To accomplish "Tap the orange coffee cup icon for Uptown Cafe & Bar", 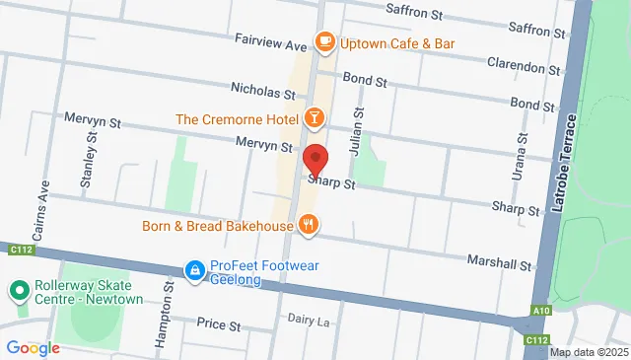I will pyautogui.click(x=323, y=41).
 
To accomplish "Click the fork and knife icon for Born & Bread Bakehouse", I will pyautogui.click(x=309, y=225).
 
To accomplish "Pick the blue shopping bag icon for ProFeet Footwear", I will pyautogui.click(x=195, y=269).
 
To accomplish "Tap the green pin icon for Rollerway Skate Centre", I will pyautogui.click(x=17, y=292).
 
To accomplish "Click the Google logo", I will pyautogui.click(x=33, y=348).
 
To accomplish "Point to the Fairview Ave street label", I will pyautogui.click(x=271, y=44).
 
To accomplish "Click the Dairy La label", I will pyautogui.click(x=307, y=319).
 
